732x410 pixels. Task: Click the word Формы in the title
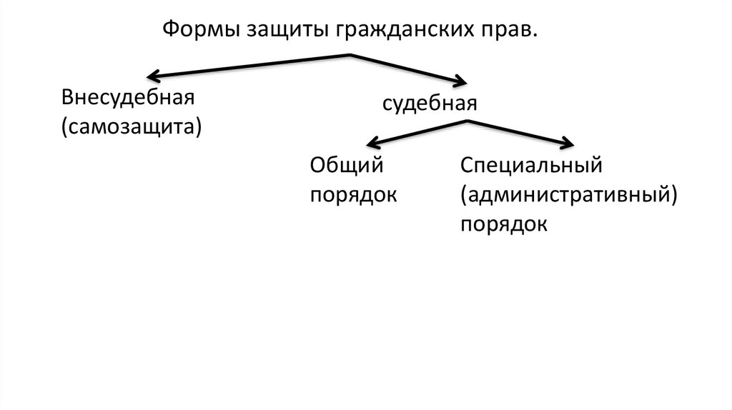[x=202, y=30]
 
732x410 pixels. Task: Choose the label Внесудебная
[x=128, y=98]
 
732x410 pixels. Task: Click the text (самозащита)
[x=132, y=128]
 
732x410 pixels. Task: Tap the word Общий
[x=347, y=165]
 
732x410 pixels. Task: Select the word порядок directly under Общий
[x=353, y=195]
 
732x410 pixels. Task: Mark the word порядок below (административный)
[x=504, y=224]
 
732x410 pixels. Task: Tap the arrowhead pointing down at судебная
[x=461, y=81]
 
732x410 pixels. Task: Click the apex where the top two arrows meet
[x=350, y=55]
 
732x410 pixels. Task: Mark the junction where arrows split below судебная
[x=468, y=122]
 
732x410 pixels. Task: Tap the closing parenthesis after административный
[x=673, y=195]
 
